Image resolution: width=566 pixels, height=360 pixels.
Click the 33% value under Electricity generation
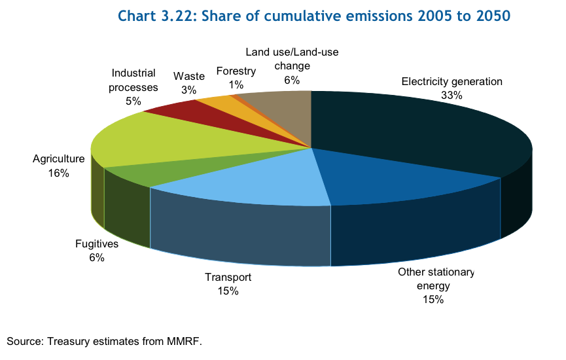[451, 95]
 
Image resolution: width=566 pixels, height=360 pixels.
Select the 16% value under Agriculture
[58, 173]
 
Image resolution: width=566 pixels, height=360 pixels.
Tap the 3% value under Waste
[189, 90]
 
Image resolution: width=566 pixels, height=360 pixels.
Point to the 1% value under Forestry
[236, 84]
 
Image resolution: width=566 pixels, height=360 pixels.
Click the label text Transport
[228, 278]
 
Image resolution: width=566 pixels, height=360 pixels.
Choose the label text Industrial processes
[133, 80]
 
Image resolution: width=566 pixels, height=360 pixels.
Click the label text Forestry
[236, 71]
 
